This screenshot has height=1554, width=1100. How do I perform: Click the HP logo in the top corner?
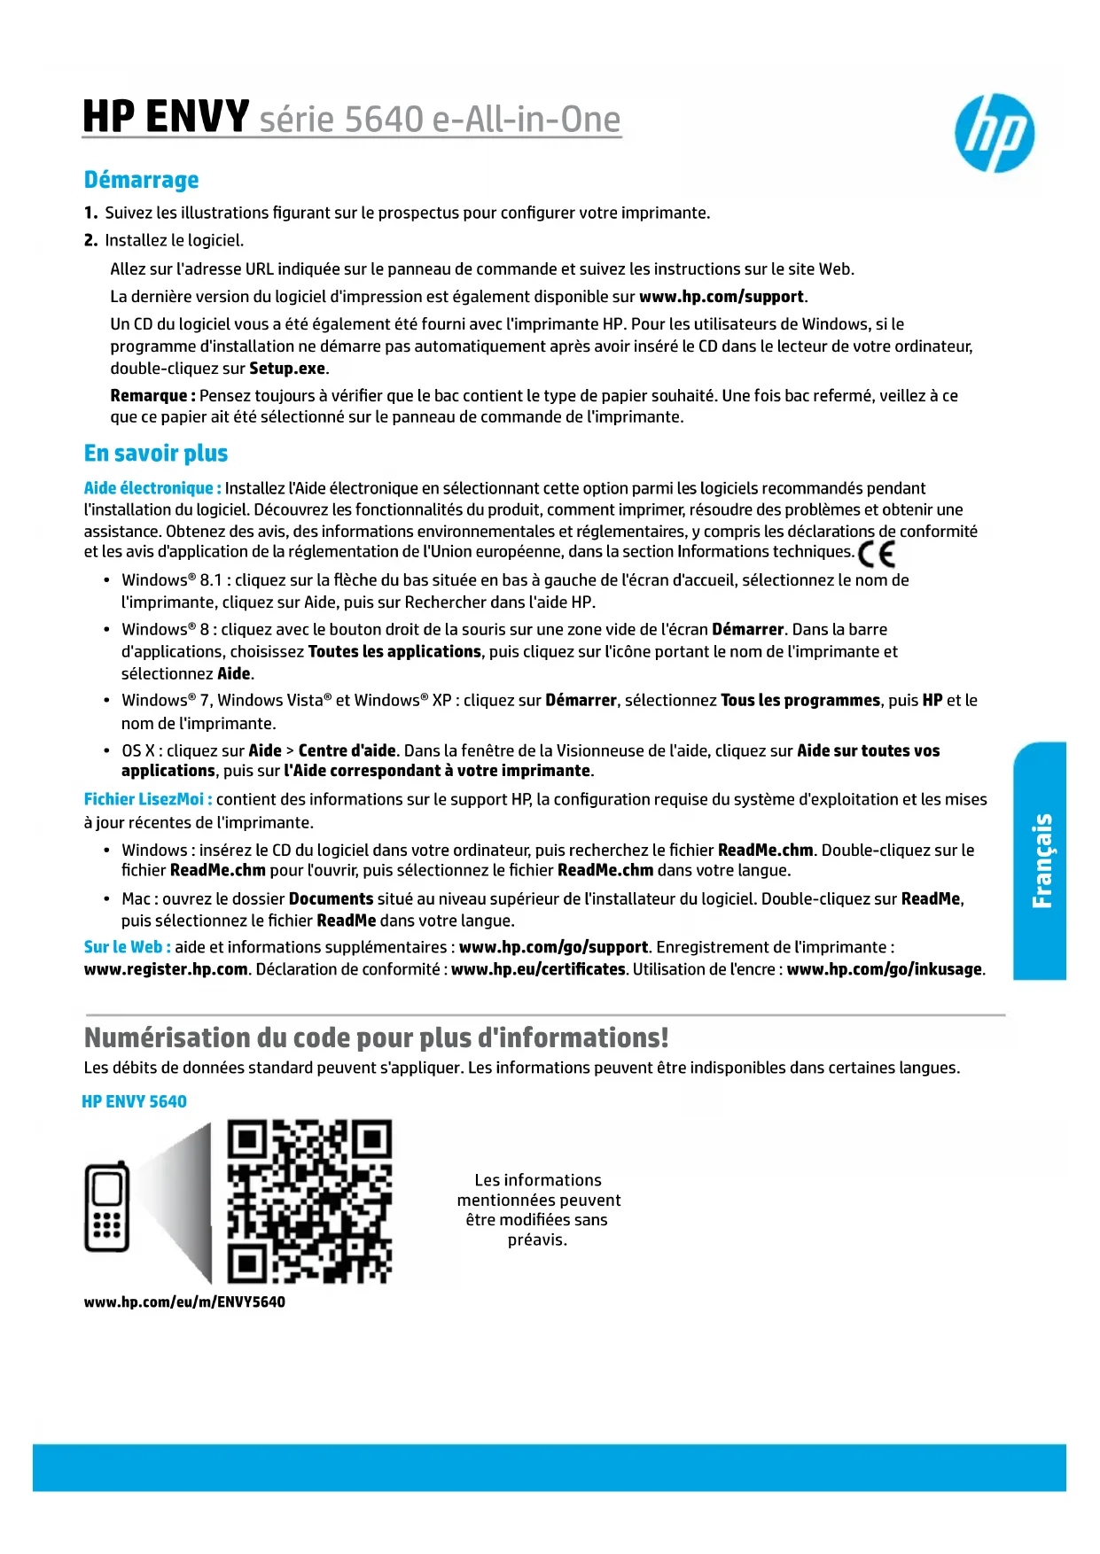tap(995, 133)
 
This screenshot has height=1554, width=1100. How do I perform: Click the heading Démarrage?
tap(141, 180)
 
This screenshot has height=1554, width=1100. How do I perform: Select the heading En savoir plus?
tap(156, 454)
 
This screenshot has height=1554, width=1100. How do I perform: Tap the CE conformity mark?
tap(877, 554)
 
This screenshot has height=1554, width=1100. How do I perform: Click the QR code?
tap(309, 1201)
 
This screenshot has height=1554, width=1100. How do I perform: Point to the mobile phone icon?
tap(107, 1206)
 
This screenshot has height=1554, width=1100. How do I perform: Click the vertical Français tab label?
tap(1041, 860)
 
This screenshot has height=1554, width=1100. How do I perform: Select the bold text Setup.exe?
tap(288, 369)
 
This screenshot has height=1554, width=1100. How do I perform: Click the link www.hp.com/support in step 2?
tap(722, 297)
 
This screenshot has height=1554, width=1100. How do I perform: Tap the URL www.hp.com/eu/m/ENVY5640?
tap(184, 1301)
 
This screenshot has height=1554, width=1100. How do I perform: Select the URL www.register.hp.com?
tap(166, 969)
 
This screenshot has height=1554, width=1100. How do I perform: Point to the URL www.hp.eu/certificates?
tap(538, 969)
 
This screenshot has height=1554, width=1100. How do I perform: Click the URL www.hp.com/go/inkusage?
tap(885, 969)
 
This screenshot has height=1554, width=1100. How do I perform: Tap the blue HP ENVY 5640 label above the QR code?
tap(134, 1101)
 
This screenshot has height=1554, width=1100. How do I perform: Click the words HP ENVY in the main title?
tap(166, 117)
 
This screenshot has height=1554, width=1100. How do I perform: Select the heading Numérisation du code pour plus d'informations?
tap(376, 1037)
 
